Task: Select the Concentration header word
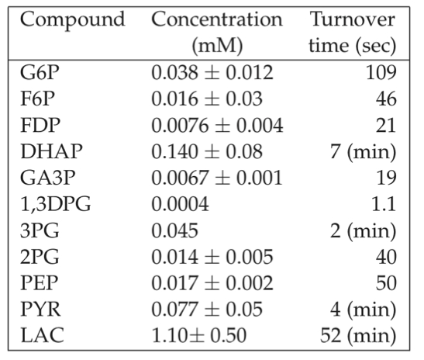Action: coord(217,19)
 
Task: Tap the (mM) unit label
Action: coord(217,46)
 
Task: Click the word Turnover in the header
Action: coord(353,19)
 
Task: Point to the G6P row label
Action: coord(40,72)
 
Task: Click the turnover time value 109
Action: coord(381,72)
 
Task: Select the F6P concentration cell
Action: coord(207,99)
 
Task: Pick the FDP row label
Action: coord(40,125)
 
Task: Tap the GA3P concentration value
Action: coord(217,178)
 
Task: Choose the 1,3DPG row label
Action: coord(56,204)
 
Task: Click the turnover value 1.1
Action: coord(384,204)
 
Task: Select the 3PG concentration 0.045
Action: coord(174,230)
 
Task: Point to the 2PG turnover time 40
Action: coord(386,257)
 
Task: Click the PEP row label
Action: coord(40,283)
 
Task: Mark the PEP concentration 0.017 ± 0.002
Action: coord(212,283)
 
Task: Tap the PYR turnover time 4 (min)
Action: coord(364,310)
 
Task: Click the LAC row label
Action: coord(42,335)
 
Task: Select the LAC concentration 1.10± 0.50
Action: coord(199,336)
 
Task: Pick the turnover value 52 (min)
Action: coord(358,336)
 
